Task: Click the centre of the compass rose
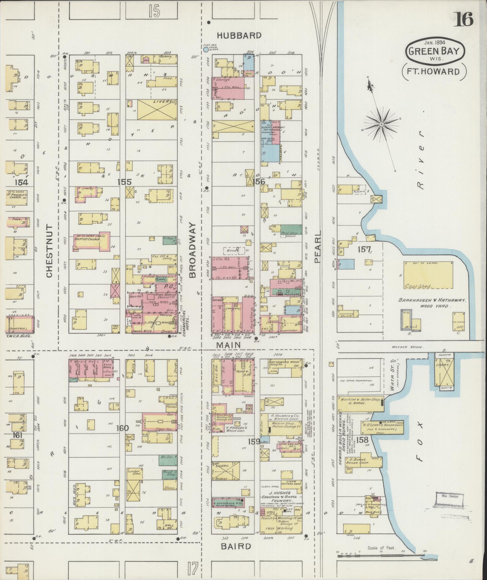tap(381, 124)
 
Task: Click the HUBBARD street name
tap(239, 36)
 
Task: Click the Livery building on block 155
tap(158, 109)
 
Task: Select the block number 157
tap(364, 249)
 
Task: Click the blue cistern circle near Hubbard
tap(206, 49)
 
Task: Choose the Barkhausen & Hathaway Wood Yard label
tap(432, 303)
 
